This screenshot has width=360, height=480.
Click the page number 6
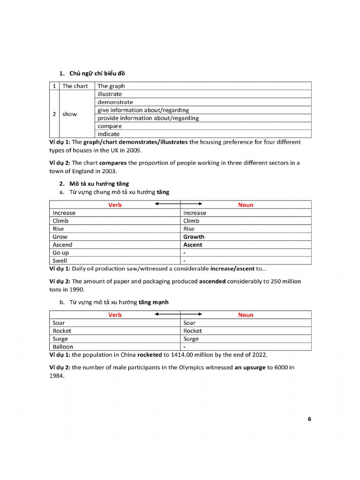click(309, 419)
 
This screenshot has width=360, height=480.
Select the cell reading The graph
click(111, 86)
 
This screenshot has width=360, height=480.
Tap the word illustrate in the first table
click(110, 94)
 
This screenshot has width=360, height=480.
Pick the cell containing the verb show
click(69, 114)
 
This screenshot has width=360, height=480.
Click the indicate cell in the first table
click(108, 134)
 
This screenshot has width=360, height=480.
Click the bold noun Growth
click(194, 237)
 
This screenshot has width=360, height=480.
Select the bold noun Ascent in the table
click(193, 245)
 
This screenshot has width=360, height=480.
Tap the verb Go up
click(60, 253)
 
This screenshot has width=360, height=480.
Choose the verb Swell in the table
click(60, 261)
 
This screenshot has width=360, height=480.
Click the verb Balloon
click(63, 347)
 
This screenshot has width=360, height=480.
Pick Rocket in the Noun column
click(193, 331)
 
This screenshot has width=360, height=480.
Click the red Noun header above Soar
click(246, 315)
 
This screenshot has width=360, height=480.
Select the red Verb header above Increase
click(115, 205)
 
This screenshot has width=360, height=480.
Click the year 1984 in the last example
click(56, 375)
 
